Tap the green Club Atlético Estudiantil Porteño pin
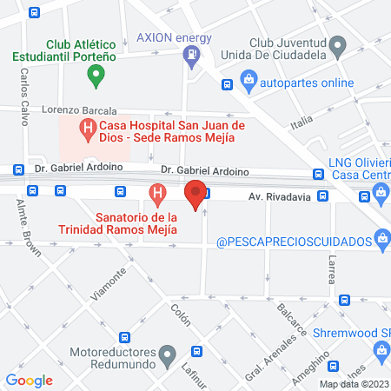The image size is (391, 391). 97,76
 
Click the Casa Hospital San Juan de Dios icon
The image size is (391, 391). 87,130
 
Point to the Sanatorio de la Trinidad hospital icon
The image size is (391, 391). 157,193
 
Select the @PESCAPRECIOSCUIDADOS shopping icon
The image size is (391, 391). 381,239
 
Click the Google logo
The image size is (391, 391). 29,380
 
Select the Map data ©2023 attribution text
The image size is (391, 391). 354,384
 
